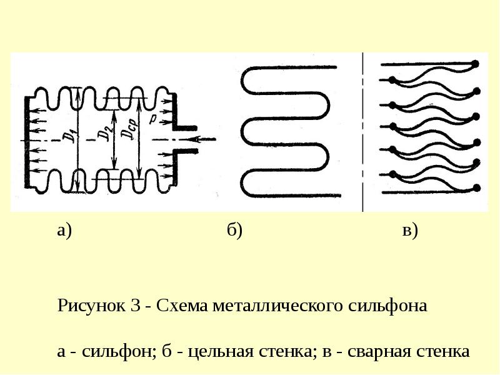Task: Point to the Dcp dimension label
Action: click(x=131, y=128)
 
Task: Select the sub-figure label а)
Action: click(x=64, y=230)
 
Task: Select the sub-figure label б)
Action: click(x=235, y=229)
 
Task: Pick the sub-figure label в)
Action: click(x=410, y=230)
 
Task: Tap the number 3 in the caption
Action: click(x=136, y=305)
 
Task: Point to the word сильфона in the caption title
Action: click(x=387, y=305)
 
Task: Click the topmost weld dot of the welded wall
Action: click(x=476, y=64)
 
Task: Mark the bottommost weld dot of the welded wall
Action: click(x=477, y=187)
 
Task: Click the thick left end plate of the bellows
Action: click(x=27, y=142)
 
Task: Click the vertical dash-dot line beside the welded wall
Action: click(x=362, y=132)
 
